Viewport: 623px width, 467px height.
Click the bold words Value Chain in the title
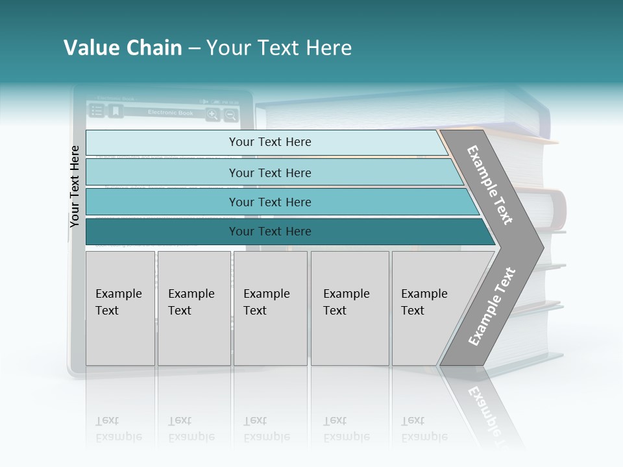click(123, 48)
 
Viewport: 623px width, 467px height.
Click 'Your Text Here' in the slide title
click(279, 48)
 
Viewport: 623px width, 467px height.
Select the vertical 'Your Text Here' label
click(75, 186)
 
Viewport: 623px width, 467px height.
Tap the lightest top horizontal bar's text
click(270, 142)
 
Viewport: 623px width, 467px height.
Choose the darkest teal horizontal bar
click(270, 232)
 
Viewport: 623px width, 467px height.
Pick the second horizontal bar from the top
click(270, 173)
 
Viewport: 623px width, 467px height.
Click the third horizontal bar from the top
click(270, 202)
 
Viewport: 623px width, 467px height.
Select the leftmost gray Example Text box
click(120, 308)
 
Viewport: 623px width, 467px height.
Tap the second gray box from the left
click(193, 308)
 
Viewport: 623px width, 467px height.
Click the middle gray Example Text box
click(270, 308)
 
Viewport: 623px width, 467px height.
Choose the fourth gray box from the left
click(349, 308)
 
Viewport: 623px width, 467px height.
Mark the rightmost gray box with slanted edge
click(428, 308)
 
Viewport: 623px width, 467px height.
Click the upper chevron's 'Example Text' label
click(491, 185)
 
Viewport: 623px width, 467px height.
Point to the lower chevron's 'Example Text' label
click(492, 307)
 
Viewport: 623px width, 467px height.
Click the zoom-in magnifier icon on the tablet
click(212, 115)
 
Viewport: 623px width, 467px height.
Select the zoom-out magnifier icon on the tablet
click(230, 115)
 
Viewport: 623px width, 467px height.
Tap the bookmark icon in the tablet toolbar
click(116, 112)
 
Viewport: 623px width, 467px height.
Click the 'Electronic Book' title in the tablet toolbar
click(170, 113)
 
